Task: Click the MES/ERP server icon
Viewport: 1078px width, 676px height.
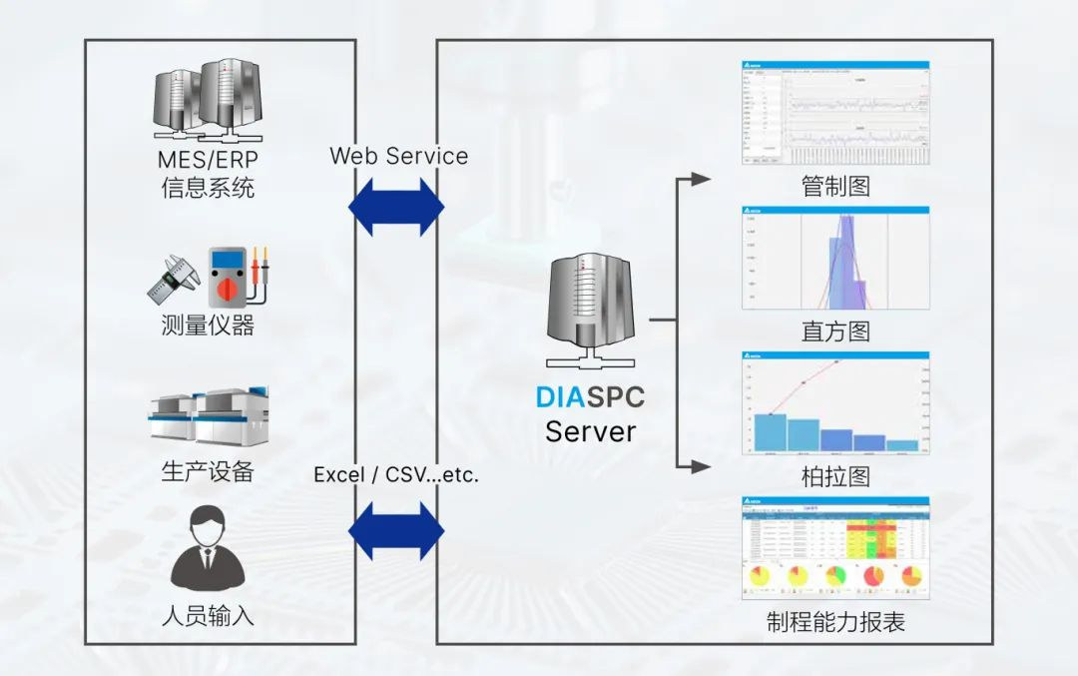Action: pos(208,101)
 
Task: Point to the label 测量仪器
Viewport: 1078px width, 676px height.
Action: pos(208,325)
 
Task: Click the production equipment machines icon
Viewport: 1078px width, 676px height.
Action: pos(207,416)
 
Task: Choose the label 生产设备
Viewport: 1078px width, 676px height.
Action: pos(208,471)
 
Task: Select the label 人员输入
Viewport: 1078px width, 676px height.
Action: pos(208,615)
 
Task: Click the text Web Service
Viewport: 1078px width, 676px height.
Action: pos(398,156)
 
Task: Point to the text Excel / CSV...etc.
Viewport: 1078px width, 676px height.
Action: pos(396,475)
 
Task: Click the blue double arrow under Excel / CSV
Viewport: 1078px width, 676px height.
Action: pos(396,530)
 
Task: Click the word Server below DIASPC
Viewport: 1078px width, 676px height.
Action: pos(590,432)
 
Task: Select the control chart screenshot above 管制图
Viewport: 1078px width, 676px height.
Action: pos(835,113)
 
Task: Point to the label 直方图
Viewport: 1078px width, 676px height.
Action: pos(835,332)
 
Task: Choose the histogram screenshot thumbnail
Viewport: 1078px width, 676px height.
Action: pos(835,258)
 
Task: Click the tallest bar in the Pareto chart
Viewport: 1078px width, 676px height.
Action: pos(770,431)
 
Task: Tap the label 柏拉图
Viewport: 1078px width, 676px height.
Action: pos(835,477)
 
